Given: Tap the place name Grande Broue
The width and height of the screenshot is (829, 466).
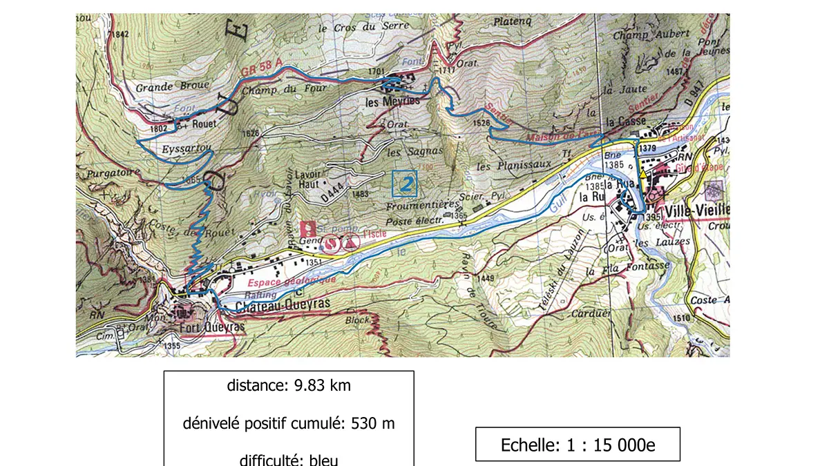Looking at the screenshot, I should pos(162,88).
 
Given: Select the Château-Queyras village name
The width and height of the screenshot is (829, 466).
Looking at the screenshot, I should pos(280,304).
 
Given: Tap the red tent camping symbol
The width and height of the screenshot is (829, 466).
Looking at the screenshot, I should pos(352,242).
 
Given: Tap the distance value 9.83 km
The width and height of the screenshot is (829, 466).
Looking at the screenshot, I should pos(289,385).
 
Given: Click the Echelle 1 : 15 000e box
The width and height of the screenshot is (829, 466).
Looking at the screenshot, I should pos(578,445).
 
